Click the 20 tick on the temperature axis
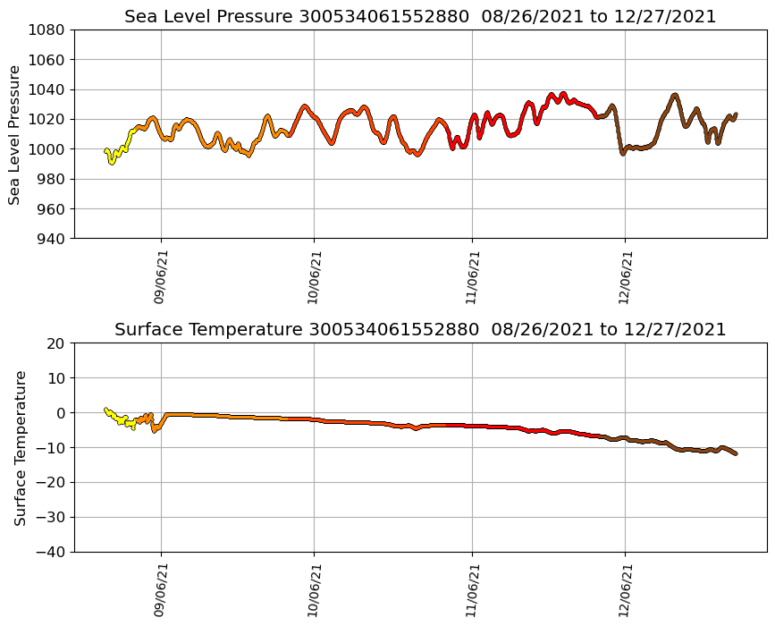point(56,343)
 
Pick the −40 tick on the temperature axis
point(50,552)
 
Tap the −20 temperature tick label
point(50,482)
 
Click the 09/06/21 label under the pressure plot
point(161,276)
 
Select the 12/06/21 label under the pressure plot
point(625,276)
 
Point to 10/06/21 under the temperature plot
point(314,589)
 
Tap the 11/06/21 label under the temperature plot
point(473,589)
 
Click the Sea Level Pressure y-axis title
point(14,134)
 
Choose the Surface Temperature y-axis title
point(20,447)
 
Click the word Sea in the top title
point(140,17)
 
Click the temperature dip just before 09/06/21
point(156,428)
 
